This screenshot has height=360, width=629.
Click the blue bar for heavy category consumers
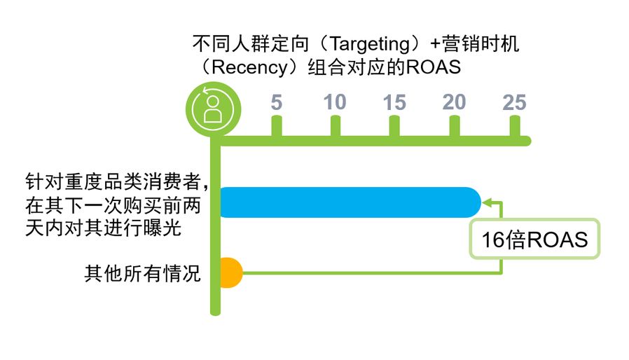pyautogui.click(x=350, y=202)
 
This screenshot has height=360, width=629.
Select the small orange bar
pyautogui.click(x=231, y=273)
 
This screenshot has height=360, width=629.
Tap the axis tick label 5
pyautogui.click(x=277, y=102)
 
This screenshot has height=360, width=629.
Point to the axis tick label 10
pyautogui.click(x=335, y=102)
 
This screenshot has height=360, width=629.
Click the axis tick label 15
pyautogui.click(x=394, y=102)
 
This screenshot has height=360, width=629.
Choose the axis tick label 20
pyautogui.click(x=454, y=102)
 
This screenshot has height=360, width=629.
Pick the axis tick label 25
pyautogui.click(x=514, y=102)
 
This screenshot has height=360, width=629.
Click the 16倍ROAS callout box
pyautogui.click(x=534, y=239)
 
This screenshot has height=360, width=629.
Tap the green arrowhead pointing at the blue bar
pyautogui.click(x=487, y=202)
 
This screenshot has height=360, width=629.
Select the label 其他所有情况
pyautogui.click(x=142, y=274)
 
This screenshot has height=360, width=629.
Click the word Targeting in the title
pyautogui.click(x=369, y=43)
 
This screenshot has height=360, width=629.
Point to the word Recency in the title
pyautogui.click(x=249, y=67)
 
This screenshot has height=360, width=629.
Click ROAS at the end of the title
pyautogui.click(x=434, y=67)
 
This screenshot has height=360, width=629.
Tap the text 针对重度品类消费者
pyautogui.click(x=113, y=182)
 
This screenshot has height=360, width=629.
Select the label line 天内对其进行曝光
pyautogui.click(x=103, y=228)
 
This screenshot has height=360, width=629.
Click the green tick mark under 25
pyautogui.click(x=515, y=127)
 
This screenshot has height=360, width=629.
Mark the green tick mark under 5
pyautogui.click(x=277, y=127)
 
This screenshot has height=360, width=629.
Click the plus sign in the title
pyautogui.click(x=435, y=43)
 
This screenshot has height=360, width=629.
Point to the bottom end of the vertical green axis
pyautogui.click(x=216, y=312)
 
